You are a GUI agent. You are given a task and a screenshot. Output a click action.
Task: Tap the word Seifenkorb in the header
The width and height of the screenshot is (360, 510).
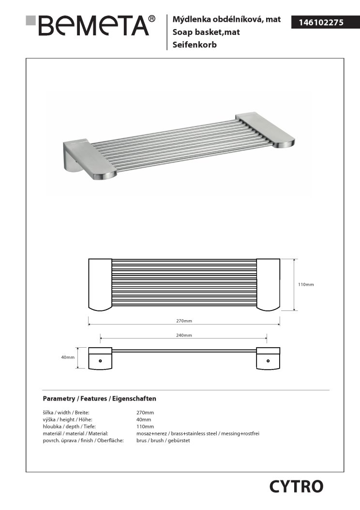click(x=194, y=45)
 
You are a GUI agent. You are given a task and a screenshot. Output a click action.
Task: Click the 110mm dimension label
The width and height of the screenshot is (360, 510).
click(x=306, y=284)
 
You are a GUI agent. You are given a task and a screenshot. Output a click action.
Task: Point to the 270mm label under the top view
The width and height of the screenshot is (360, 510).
click(x=184, y=321)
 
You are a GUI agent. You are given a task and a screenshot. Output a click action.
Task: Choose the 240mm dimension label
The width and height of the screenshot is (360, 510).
click(x=184, y=335)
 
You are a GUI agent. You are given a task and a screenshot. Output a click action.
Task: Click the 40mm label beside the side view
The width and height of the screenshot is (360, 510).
click(x=68, y=357)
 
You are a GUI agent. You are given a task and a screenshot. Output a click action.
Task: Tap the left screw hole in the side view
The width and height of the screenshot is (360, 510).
click(x=100, y=360)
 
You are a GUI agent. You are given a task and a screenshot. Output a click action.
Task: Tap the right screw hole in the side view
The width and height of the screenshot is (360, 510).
click(x=268, y=360)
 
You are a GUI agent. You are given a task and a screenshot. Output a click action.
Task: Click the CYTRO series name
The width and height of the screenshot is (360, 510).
click(x=296, y=486)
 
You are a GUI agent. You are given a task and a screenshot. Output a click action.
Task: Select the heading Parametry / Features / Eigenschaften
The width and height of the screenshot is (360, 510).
click(x=99, y=399)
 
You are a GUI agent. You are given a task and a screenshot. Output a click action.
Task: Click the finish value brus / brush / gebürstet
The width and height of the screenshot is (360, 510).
click(x=163, y=441)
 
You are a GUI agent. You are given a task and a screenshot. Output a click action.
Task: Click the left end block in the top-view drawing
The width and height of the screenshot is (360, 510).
click(x=100, y=284)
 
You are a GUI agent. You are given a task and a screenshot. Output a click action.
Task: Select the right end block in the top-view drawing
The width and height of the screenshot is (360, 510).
click(x=268, y=284)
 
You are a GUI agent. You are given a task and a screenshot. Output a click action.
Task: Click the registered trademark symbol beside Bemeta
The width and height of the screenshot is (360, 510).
click(x=152, y=18)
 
